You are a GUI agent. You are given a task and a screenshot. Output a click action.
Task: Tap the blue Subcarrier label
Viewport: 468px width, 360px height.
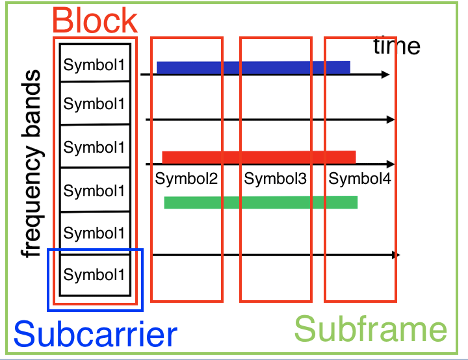click(x=95, y=334)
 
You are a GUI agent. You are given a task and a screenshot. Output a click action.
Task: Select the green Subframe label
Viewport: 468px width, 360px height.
click(x=370, y=329)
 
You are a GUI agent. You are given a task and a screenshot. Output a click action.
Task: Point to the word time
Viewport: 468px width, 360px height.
click(x=396, y=46)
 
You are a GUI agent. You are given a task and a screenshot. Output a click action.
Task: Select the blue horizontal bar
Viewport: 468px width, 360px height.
click(x=253, y=67)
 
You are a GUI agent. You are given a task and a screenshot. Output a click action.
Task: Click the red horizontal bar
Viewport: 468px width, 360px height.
click(x=259, y=157)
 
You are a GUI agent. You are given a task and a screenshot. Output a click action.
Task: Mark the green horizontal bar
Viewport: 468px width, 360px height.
click(x=261, y=202)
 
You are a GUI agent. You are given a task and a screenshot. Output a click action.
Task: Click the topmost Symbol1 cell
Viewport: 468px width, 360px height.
click(x=95, y=65)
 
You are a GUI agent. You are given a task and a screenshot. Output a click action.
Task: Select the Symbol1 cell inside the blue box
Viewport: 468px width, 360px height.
click(x=95, y=275)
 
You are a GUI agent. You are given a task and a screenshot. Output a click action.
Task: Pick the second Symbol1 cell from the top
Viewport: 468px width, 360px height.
click(x=95, y=104)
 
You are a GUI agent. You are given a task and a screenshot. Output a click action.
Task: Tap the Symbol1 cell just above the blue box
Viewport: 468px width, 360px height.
click(x=95, y=233)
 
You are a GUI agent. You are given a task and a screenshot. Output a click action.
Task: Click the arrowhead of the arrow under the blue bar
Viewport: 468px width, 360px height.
click(x=385, y=75)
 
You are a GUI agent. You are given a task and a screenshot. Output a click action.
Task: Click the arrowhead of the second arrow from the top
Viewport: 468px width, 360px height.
click(x=391, y=120)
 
